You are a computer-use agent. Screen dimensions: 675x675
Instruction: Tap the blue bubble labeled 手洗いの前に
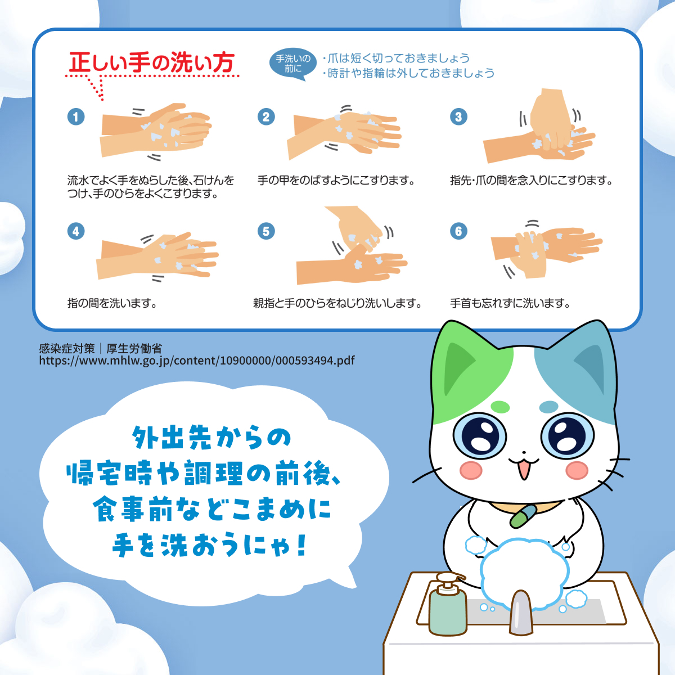click(293, 64)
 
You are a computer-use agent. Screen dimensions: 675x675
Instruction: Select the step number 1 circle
click(76, 116)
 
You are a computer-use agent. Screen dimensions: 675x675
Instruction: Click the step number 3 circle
click(458, 116)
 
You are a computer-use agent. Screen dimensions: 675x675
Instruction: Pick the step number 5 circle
click(266, 231)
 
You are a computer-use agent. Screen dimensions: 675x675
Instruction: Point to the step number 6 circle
click(458, 231)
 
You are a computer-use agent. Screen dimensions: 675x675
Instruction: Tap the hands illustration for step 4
click(157, 256)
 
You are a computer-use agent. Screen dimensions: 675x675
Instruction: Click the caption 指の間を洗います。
click(112, 303)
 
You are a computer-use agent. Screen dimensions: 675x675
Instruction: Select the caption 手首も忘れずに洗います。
click(510, 303)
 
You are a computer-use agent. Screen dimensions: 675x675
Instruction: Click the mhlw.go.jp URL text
click(197, 361)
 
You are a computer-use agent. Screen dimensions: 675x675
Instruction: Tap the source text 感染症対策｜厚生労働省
click(100, 348)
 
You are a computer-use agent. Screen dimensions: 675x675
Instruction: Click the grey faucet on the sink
click(520, 613)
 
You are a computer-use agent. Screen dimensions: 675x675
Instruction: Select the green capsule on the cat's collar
click(524, 516)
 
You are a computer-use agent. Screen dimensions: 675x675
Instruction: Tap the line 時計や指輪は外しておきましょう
click(411, 73)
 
